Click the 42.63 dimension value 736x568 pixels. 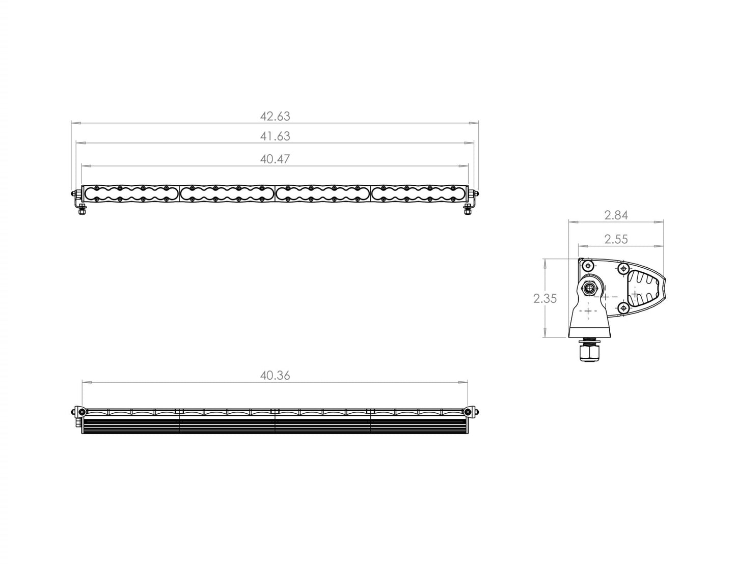coord(275,116)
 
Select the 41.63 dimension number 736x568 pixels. coord(275,136)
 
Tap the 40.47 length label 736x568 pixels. coord(275,159)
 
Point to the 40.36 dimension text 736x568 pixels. coord(275,376)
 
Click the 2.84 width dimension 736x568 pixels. coord(616,215)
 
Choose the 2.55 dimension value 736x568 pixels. coord(616,239)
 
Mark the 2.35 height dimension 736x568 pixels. coord(545,299)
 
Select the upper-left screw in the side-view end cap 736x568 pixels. coord(588,266)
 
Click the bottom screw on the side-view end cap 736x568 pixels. coord(622,307)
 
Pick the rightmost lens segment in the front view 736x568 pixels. coord(419,193)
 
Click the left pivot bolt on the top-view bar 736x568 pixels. coord(78,411)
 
